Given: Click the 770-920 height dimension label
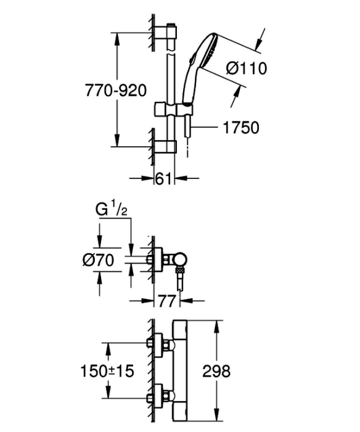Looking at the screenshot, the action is [116, 90].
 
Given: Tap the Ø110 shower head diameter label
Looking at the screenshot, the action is [247, 68].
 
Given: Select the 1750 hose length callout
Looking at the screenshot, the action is [241, 127].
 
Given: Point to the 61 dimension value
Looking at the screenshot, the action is [163, 179].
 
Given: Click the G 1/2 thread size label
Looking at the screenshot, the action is [112, 210].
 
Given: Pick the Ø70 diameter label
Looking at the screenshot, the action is [98, 260].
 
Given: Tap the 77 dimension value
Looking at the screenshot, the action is [167, 301].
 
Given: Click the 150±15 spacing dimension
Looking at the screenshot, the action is [107, 371].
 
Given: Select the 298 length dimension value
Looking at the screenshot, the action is [216, 371].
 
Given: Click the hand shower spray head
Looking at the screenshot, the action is [208, 50].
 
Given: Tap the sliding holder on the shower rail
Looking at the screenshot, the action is [173, 110].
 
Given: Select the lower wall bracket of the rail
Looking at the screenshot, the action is [165, 146].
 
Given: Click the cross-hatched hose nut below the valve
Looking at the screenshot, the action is [180, 270].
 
